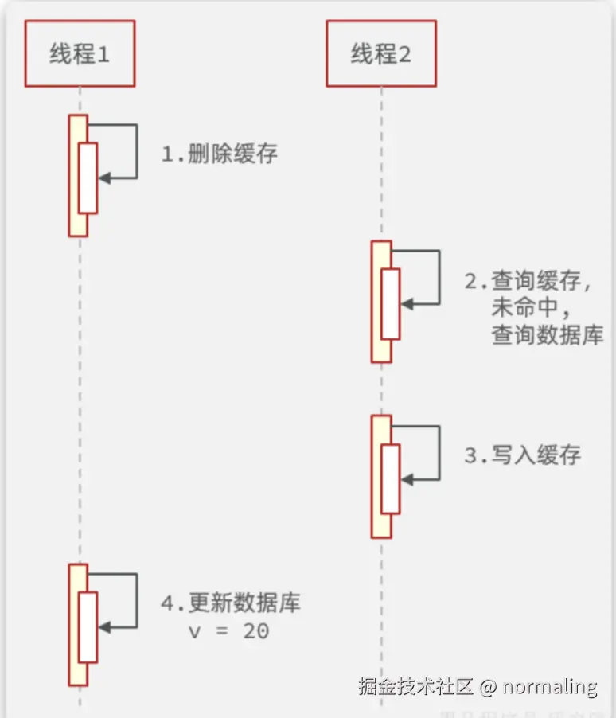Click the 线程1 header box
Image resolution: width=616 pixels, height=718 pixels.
[80, 54]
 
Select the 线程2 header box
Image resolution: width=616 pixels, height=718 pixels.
[381, 54]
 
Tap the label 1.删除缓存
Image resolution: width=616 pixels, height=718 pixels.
[220, 154]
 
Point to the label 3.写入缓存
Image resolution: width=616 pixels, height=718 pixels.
[523, 455]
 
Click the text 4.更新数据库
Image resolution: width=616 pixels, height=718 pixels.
[231, 603]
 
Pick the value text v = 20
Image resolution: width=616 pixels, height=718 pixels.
[228, 631]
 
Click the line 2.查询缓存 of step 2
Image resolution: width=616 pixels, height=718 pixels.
[528, 281]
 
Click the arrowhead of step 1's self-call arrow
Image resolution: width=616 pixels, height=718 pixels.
[103, 178]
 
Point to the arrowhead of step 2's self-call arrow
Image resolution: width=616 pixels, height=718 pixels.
[406, 304]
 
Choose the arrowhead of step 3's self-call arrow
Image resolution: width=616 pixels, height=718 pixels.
[406, 479]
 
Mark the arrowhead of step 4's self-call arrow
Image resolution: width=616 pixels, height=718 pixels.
[103, 627]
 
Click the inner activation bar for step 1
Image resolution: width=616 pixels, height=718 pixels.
[88, 178]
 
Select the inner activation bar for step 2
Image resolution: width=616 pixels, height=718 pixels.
[390, 304]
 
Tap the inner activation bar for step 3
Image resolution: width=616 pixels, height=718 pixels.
[390, 478]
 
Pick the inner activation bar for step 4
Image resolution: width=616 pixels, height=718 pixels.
[88, 627]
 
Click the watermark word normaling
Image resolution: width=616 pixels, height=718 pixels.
[550, 686]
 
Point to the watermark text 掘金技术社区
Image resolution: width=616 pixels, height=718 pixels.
[415, 686]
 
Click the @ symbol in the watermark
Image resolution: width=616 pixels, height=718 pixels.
[488, 686]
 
